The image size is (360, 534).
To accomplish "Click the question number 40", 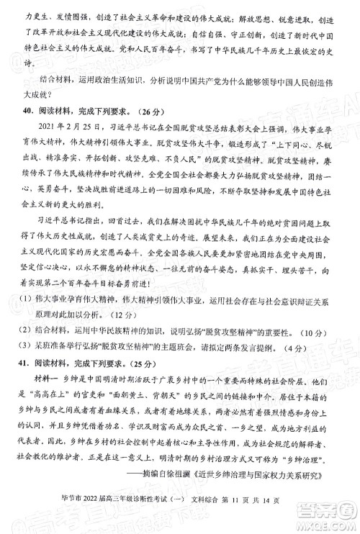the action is (29, 112).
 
